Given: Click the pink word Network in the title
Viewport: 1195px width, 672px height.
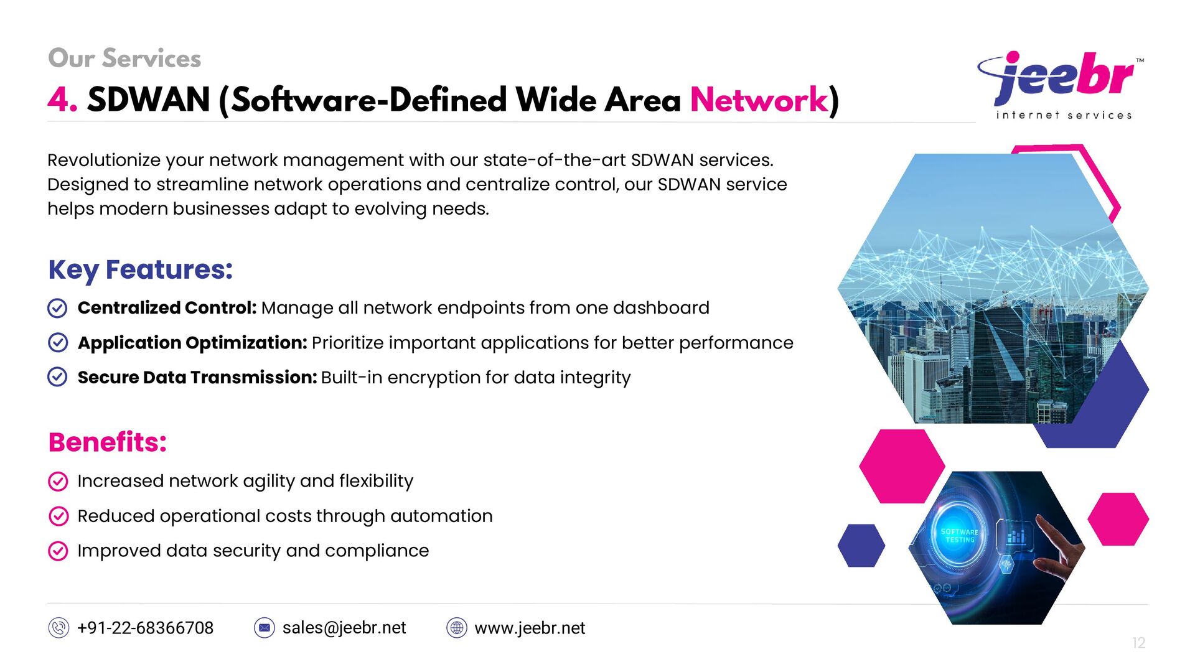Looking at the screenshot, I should point(759,100).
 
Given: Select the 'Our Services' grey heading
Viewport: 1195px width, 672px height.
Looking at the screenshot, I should point(124,58).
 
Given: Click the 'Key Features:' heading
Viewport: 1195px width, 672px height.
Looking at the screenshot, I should point(141,269).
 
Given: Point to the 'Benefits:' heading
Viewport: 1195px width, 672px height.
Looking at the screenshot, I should point(108,442).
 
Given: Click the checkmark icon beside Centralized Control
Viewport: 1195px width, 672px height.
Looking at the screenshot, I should point(58,308).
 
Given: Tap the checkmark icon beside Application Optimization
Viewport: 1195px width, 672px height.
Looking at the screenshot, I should point(58,343).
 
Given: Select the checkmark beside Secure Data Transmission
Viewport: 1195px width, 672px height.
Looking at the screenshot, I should point(58,377).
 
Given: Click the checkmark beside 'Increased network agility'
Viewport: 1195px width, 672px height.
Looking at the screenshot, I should point(58,481).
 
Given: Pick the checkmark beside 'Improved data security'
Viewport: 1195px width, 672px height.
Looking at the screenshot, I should point(58,551).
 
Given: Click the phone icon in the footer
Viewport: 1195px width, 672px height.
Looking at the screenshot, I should point(59,628).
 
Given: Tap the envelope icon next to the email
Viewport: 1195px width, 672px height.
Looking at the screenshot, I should point(265,628).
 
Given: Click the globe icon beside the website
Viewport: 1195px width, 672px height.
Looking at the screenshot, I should point(457,628).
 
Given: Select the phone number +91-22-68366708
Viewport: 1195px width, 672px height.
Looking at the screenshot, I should point(145,628).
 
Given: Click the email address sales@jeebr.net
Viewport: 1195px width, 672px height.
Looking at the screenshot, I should point(344,628).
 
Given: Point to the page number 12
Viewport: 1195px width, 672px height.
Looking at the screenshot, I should point(1138,643).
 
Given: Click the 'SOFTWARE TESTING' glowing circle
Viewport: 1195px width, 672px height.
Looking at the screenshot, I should point(960,536).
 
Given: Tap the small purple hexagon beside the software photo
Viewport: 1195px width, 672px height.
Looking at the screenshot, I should point(861,546).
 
